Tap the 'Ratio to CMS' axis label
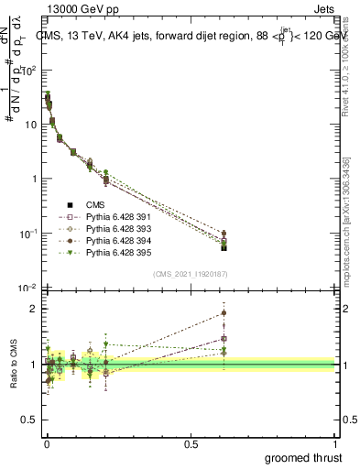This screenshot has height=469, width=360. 13,378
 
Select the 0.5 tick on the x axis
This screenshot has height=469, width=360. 191,442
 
